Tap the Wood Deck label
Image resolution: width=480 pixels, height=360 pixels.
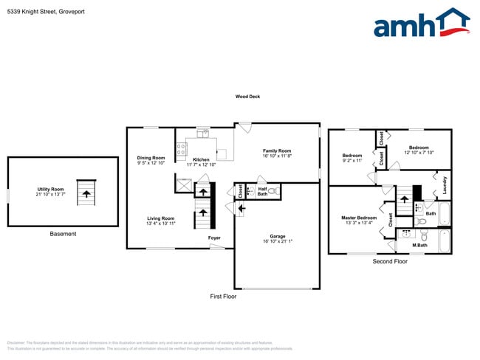247,97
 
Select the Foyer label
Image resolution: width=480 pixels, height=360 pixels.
214,238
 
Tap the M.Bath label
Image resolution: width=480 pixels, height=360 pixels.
419,244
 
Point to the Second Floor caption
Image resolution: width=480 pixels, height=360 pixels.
390,261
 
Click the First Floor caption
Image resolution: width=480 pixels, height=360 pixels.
222,296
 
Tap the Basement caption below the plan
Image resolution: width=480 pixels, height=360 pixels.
62,234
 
